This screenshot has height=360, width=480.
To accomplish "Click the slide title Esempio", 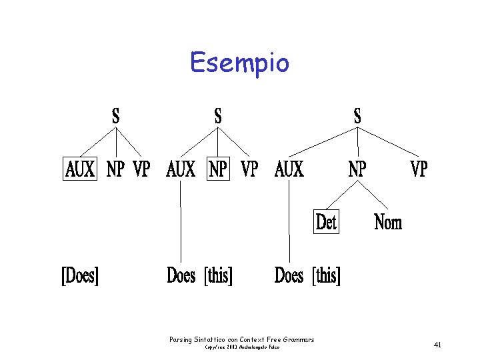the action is [x=239, y=63].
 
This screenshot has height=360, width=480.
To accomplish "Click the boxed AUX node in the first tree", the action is [x=81, y=169].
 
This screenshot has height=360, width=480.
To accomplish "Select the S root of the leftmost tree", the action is [x=116, y=115].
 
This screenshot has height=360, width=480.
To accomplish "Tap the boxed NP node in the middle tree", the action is [x=218, y=169].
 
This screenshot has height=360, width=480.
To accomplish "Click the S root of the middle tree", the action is [x=218, y=115].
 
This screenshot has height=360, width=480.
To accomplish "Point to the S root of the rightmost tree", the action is [x=357, y=115].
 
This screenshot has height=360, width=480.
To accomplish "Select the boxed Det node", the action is [x=326, y=221].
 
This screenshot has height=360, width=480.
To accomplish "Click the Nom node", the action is [x=388, y=221].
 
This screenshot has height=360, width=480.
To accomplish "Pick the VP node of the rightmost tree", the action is [x=418, y=169].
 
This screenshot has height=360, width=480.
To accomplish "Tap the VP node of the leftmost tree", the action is [x=141, y=169].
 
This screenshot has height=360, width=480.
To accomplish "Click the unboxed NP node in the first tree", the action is [x=115, y=169].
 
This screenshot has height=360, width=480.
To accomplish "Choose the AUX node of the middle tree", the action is [x=181, y=169].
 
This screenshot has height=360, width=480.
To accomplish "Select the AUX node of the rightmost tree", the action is [x=289, y=169].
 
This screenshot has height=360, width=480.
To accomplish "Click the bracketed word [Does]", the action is [x=80, y=275].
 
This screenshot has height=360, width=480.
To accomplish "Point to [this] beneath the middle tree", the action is [x=219, y=275].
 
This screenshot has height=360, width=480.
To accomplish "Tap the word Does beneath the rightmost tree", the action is [x=289, y=275].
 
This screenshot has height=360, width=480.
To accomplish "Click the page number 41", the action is [x=437, y=345].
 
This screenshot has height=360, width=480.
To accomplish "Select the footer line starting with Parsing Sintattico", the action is [x=241, y=340].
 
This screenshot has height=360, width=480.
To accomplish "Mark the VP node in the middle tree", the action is [x=249, y=169].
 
